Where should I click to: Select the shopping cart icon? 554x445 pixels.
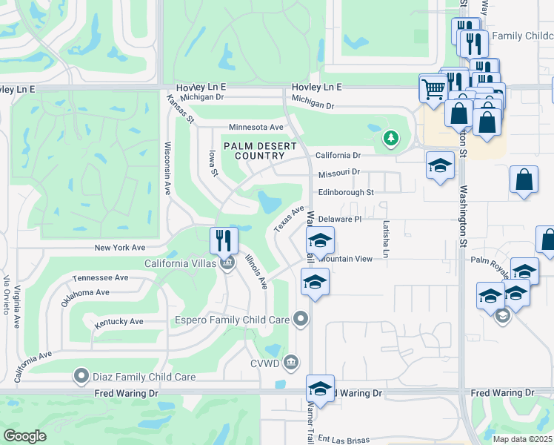click(x=433, y=88)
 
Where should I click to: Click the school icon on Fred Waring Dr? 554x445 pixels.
click(x=320, y=388)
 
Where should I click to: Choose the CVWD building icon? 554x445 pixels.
click(x=291, y=362)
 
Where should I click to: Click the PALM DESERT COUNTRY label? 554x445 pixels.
click(x=256, y=151)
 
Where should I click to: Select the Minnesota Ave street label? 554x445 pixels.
click(x=256, y=128)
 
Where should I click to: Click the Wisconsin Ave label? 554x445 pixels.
click(x=168, y=168)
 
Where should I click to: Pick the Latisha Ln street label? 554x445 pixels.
click(x=386, y=240)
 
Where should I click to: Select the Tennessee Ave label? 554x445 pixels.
click(x=100, y=278)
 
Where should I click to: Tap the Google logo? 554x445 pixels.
click(x=25, y=435)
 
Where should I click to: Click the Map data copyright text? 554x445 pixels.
click(x=523, y=439)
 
